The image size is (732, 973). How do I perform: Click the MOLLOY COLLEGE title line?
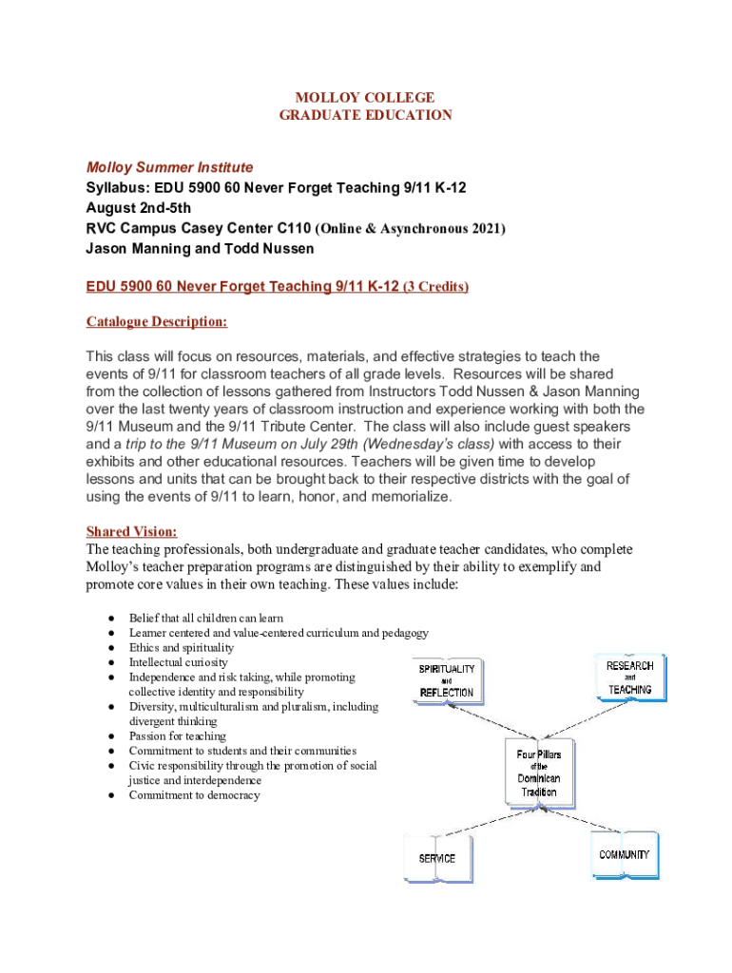(x=365, y=97)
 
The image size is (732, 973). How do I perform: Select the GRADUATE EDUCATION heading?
(x=365, y=115)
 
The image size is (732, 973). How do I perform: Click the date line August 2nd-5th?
(x=138, y=208)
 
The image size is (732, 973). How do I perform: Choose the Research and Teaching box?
(x=630, y=677)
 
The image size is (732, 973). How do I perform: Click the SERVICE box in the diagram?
(x=438, y=857)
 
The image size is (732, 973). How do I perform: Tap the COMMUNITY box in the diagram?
(x=625, y=854)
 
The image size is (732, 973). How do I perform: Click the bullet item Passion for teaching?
(x=177, y=735)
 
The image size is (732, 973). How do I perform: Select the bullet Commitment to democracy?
(x=194, y=795)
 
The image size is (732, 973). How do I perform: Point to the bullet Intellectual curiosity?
(x=178, y=661)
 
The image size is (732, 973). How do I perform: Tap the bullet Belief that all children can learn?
(x=205, y=618)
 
